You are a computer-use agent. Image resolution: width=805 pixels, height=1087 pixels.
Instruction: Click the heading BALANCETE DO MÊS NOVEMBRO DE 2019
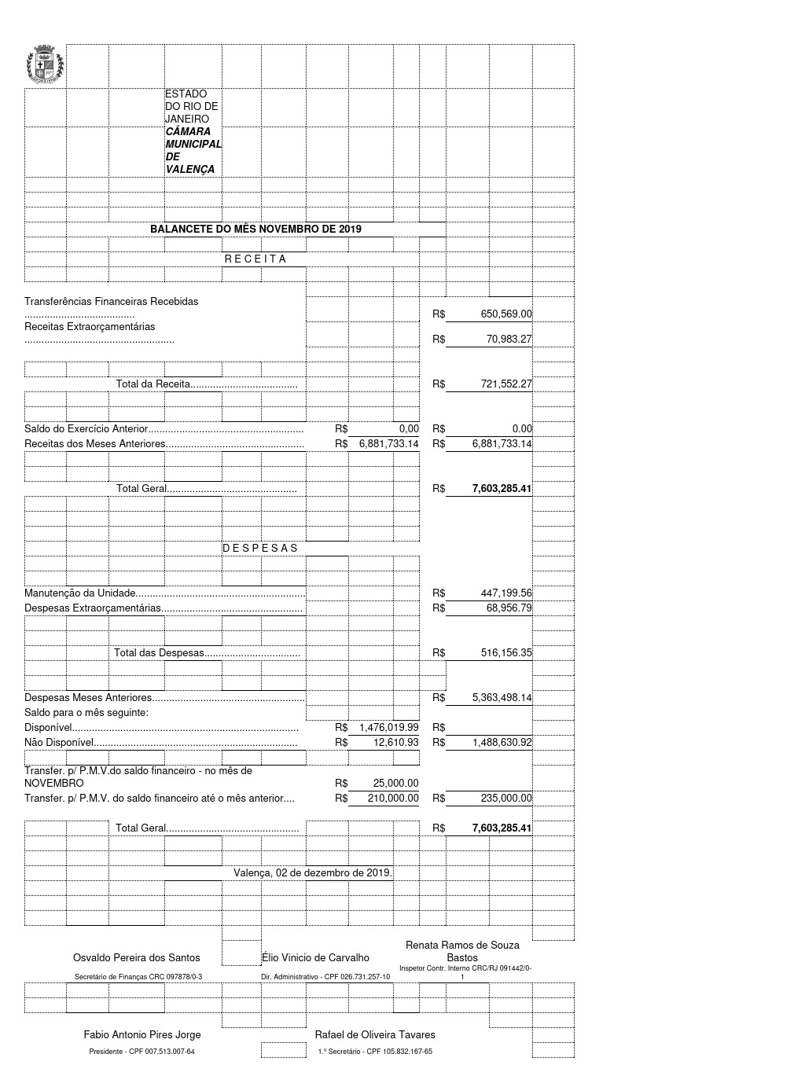point(255,229)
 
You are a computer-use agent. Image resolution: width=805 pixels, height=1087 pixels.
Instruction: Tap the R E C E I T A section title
point(255,259)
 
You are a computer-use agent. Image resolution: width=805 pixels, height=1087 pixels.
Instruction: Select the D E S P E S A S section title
point(260,548)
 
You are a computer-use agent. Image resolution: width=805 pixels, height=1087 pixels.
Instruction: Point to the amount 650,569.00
point(505,314)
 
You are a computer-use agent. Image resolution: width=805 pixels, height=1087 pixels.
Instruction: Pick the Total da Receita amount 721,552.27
point(505,384)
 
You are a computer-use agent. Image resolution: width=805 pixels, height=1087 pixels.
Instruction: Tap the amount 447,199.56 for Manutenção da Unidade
point(505,593)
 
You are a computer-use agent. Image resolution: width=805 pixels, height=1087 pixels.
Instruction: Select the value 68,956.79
point(509,608)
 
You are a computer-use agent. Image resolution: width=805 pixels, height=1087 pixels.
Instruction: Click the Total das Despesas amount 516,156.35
point(505,653)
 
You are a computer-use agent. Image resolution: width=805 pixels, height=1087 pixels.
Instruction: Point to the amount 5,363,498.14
point(502,698)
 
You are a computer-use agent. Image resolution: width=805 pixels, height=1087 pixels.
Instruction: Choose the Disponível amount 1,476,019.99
point(388,728)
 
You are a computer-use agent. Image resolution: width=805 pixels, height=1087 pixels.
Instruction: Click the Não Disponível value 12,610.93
point(395,742)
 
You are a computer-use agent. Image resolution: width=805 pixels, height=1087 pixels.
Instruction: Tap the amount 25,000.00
point(395,784)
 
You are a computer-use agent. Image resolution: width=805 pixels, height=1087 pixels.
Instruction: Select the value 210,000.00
point(393,798)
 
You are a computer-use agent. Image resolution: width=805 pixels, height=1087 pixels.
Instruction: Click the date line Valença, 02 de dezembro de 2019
point(312,872)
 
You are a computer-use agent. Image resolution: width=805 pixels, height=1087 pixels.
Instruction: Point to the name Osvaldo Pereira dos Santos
point(136,957)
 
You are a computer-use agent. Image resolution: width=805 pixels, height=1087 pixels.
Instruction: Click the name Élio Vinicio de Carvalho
point(315,957)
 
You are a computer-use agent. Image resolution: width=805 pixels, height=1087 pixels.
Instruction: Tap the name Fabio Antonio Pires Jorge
point(142,1034)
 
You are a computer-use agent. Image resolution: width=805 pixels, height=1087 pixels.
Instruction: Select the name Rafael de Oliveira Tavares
point(375,1034)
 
